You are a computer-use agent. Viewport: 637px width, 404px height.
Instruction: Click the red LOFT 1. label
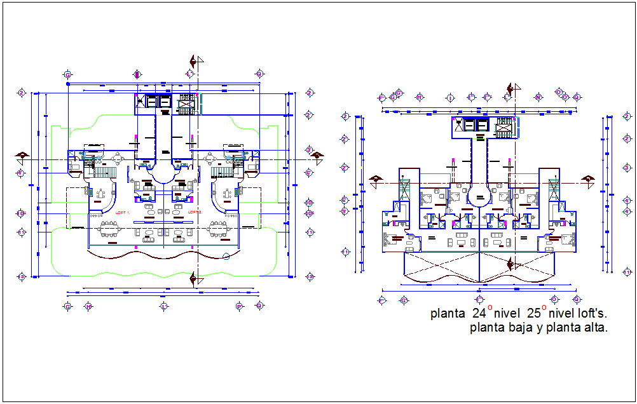point(122,212)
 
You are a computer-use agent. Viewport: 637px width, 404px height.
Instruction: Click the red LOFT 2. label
point(195,212)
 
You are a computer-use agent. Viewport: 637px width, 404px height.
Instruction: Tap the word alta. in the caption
point(592,328)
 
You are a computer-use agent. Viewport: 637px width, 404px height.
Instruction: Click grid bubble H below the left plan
point(88,306)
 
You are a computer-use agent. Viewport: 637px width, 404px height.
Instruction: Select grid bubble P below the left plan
point(240,306)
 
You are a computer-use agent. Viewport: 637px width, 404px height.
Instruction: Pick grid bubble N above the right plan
point(538,97)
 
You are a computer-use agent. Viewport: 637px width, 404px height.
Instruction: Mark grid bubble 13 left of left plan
point(21,276)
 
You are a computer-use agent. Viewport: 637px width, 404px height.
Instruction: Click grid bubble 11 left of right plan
point(345,252)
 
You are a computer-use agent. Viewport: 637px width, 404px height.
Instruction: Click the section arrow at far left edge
point(22,156)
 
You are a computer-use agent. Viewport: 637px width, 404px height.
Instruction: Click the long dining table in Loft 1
point(109,228)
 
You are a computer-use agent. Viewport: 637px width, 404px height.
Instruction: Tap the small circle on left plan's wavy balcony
point(226,257)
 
